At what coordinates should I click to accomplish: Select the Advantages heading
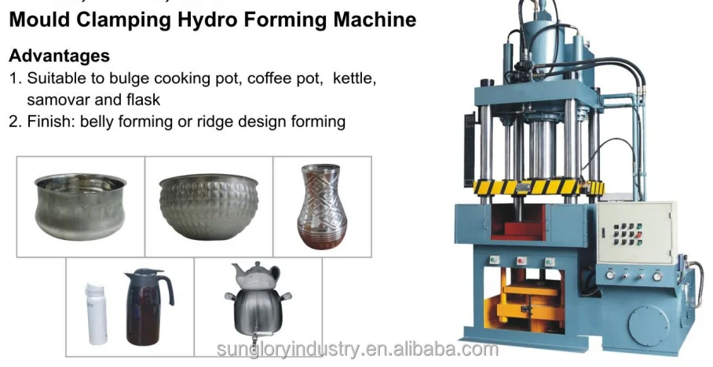(x=59, y=56)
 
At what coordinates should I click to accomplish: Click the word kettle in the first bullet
(x=353, y=78)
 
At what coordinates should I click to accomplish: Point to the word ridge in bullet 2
(x=232, y=121)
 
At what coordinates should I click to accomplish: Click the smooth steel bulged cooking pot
(x=81, y=205)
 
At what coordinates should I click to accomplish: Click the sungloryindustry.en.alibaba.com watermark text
(x=356, y=349)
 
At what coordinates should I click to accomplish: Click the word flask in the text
(x=145, y=100)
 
